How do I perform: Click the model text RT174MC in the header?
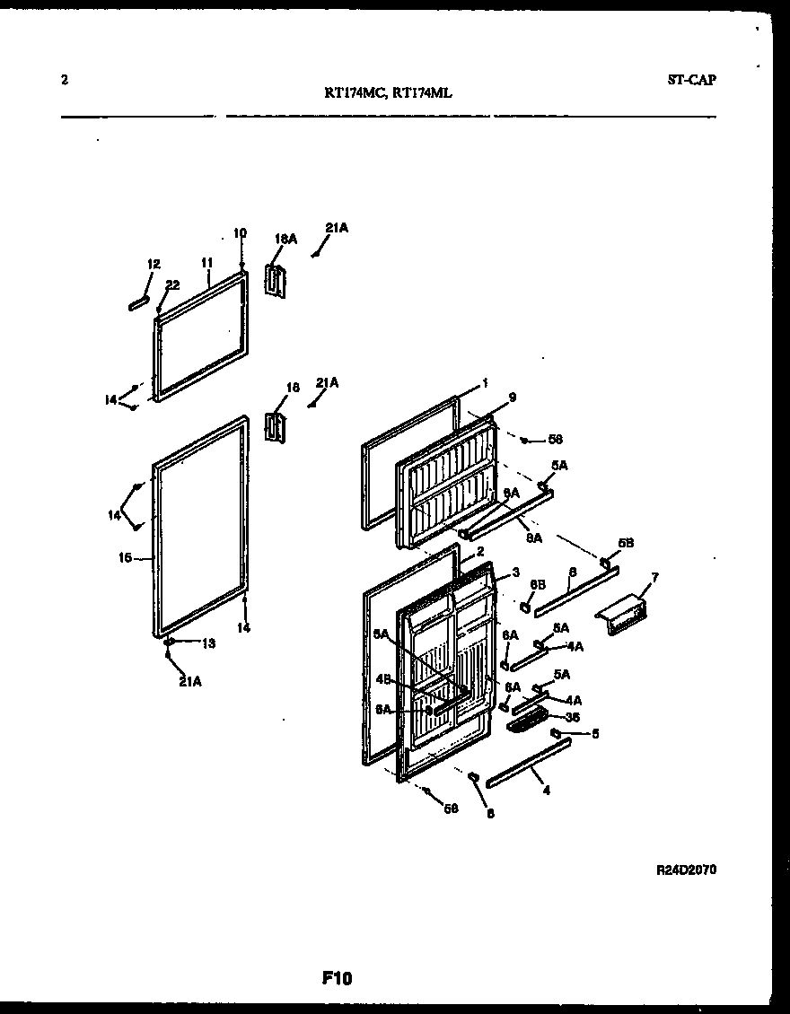tap(353, 91)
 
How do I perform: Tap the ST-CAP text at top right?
tap(691, 79)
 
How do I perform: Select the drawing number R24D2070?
tap(687, 870)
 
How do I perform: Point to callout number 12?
tap(154, 264)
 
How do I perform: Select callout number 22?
tap(172, 284)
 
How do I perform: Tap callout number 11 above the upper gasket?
tap(206, 262)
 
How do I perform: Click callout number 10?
tap(240, 233)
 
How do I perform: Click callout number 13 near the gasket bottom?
tap(208, 642)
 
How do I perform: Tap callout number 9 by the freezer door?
tap(512, 397)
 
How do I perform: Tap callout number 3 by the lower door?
tap(516, 572)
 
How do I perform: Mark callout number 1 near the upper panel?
tap(486, 381)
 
